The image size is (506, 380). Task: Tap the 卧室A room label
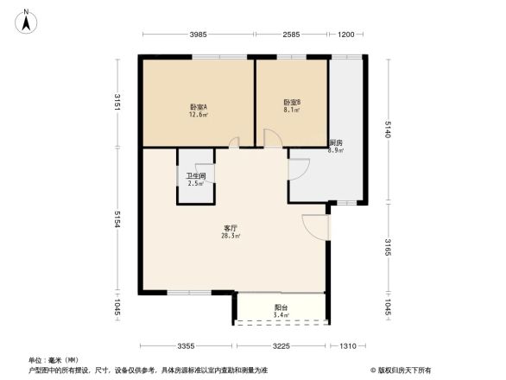click(197, 106)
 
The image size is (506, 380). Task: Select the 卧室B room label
click(292, 103)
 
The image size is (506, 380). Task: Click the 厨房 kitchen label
click(336, 142)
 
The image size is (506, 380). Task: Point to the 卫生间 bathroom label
click(196, 176)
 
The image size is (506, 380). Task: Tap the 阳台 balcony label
click(281, 307)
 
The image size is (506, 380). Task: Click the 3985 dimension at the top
click(199, 35)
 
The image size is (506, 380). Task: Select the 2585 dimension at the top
click(290, 35)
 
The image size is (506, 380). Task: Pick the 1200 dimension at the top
click(346, 35)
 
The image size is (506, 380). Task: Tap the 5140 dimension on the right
click(388, 130)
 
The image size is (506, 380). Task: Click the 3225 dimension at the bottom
click(281, 346)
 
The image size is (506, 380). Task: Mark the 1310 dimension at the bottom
click(347, 346)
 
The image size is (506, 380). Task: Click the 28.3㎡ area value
click(231, 236)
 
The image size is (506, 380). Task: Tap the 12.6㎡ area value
click(197, 114)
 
